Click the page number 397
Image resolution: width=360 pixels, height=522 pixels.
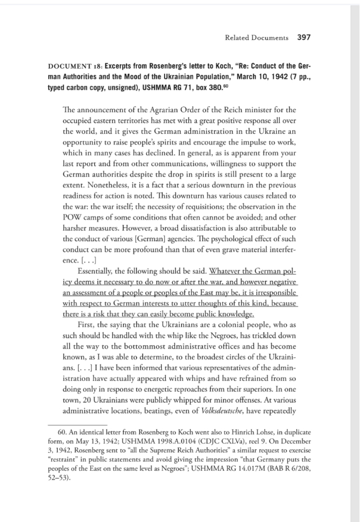(304, 38)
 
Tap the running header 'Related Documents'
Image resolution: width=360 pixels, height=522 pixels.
(256, 38)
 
